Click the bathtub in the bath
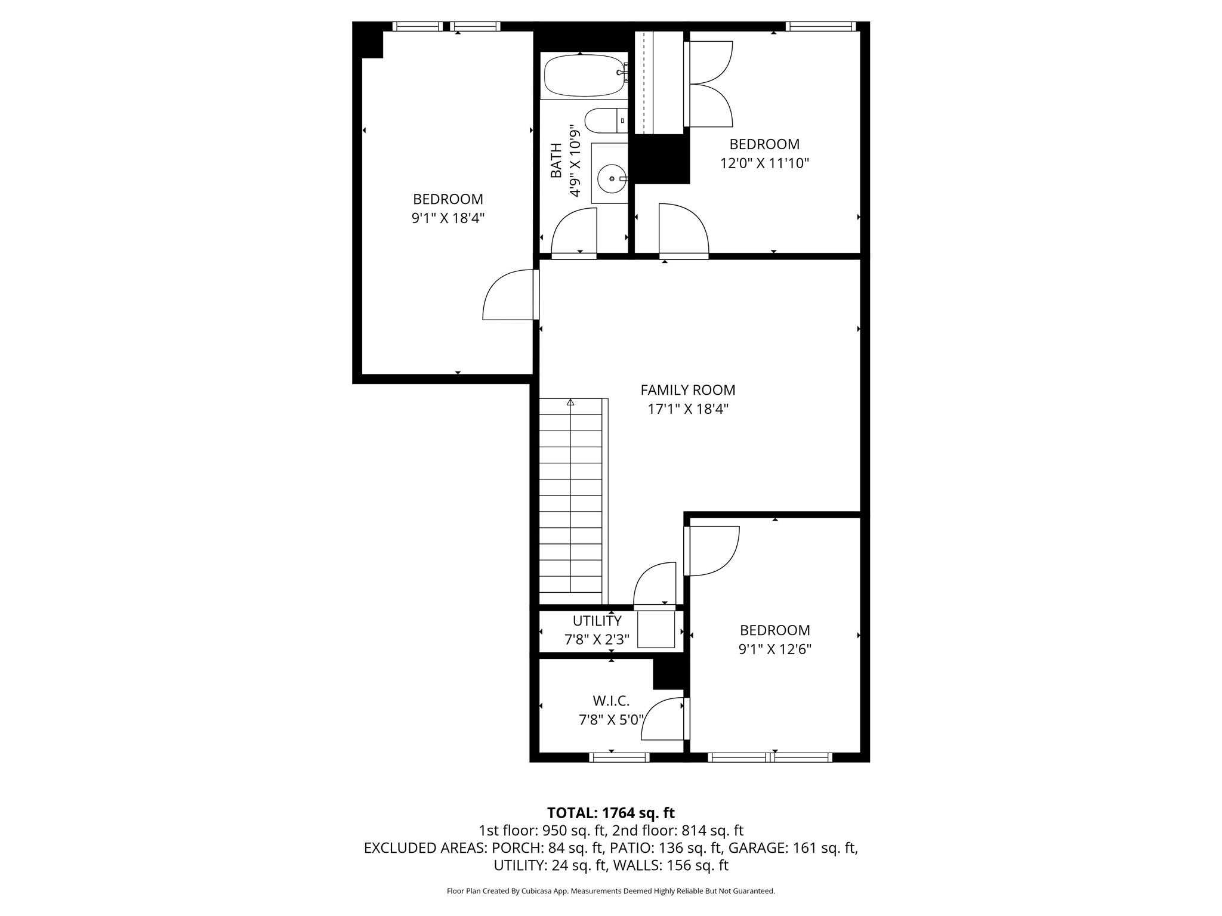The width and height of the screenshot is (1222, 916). [x=585, y=75]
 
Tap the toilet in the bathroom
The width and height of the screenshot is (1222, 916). [x=606, y=121]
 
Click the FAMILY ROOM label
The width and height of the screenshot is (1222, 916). [x=688, y=390]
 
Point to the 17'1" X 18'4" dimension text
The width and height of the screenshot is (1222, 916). [x=688, y=409]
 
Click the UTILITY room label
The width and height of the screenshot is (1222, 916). [x=597, y=621]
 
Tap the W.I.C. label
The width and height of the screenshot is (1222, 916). [x=611, y=701]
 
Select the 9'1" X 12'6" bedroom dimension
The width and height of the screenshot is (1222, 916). [x=775, y=649]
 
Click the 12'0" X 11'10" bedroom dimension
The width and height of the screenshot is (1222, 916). [x=764, y=163]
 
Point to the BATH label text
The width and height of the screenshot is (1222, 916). [x=556, y=160]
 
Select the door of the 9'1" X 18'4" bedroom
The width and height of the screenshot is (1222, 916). [x=508, y=294]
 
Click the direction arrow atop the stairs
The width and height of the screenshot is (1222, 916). [x=570, y=403]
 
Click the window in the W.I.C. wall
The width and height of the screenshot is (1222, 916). [x=619, y=757]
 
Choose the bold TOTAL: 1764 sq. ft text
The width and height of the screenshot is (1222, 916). [x=611, y=813]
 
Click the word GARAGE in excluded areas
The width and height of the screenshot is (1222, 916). [x=758, y=848]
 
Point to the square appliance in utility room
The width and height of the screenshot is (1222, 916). [x=656, y=629]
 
